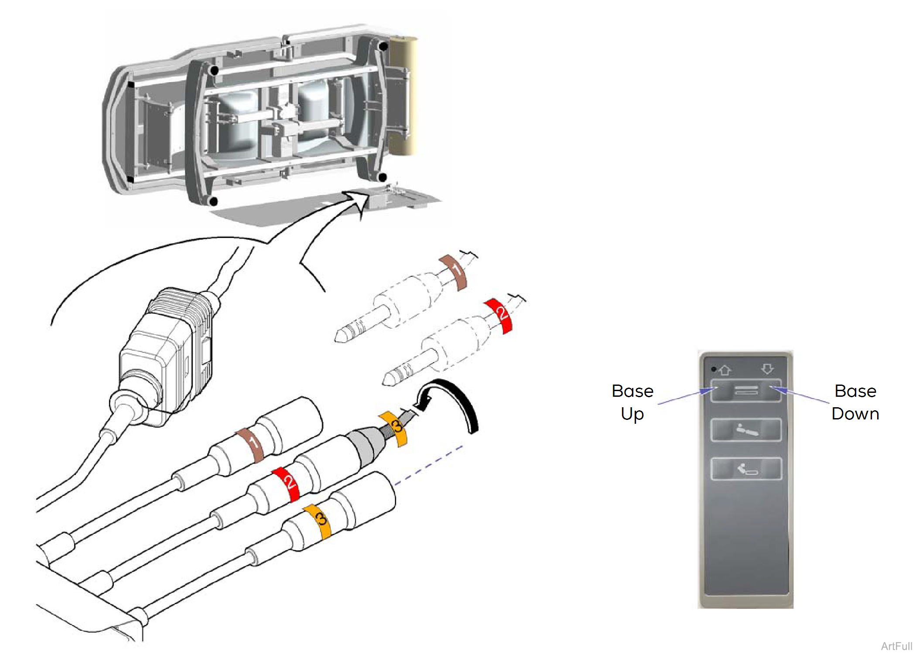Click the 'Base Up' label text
[632, 402]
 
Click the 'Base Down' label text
[855, 402]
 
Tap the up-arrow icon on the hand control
[725, 370]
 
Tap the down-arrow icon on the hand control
[767, 369]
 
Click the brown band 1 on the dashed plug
[454, 272]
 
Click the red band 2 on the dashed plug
[500, 315]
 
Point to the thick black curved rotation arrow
[462, 401]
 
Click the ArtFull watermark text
[896, 646]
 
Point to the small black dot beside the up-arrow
[714, 369]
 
